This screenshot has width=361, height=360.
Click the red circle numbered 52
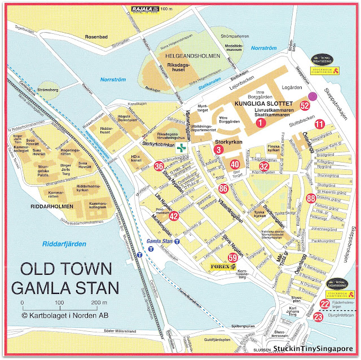click(305, 106)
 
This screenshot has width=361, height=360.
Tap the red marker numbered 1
click(261, 122)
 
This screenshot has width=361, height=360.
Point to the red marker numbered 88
click(310, 198)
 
